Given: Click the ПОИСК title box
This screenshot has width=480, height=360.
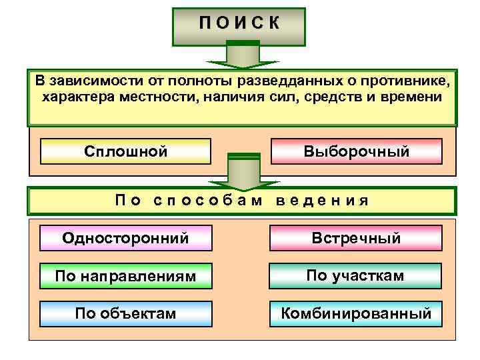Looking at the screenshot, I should pos(239,25).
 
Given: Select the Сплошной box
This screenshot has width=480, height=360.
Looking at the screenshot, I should pos(125,151).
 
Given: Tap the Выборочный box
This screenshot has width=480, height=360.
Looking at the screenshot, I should pos(356,151).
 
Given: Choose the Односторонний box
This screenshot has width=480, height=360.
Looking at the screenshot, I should pos(125,238).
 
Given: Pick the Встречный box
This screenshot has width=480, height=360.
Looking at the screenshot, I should pos(356,238).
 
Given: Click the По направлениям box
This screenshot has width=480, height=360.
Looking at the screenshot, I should pos(125,275).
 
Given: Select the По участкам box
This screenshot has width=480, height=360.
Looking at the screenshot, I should pos(356,275).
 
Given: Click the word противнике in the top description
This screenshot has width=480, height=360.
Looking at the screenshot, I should pos(409,81).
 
